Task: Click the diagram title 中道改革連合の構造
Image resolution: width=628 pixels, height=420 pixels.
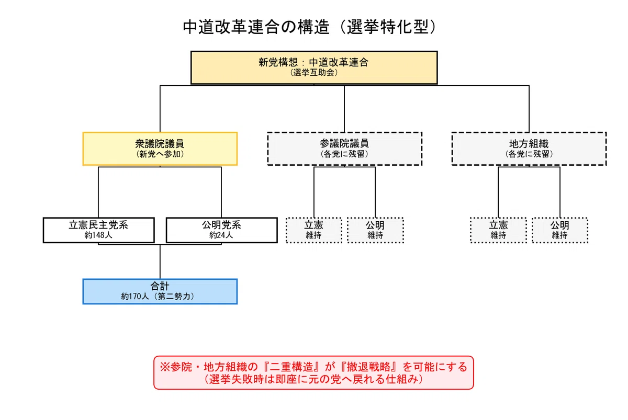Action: (x=256, y=27)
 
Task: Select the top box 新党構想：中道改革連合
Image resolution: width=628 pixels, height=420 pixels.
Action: (x=314, y=67)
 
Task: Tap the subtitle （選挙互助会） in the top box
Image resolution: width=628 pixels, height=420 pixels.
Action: (x=314, y=73)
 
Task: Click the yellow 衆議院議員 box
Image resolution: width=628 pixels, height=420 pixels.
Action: (x=160, y=149)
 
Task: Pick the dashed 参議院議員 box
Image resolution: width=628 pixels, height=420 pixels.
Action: (x=344, y=149)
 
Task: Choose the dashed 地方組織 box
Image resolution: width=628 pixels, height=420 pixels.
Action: (x=529, y=149)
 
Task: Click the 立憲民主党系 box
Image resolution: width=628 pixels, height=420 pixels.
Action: (x=99, y=230)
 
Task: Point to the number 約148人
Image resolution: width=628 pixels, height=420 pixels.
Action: (x=98, y=235)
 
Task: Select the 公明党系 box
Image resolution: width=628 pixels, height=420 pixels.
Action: (x=222, y=230)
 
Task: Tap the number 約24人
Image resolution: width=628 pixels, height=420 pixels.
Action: (x=221, y=235)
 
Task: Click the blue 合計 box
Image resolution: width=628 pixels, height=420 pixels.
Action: (x=160, y=291)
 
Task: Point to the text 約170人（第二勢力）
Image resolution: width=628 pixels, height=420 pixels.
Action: (x=158, y=297)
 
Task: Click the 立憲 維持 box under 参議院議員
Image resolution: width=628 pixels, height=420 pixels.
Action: (x=313, y=230)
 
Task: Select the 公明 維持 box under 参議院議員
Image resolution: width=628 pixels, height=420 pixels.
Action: (x=375, y=230)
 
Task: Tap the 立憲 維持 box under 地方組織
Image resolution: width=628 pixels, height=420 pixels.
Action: (x=498, y=230)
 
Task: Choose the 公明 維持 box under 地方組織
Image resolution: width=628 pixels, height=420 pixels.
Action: (x=560, y=230)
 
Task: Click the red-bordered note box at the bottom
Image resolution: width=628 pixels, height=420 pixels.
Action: (x=313, y=372)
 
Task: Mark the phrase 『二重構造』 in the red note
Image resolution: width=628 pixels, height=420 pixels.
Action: (x=290, y=367)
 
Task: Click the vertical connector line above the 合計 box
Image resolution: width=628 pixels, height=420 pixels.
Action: (x=160, y=262)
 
